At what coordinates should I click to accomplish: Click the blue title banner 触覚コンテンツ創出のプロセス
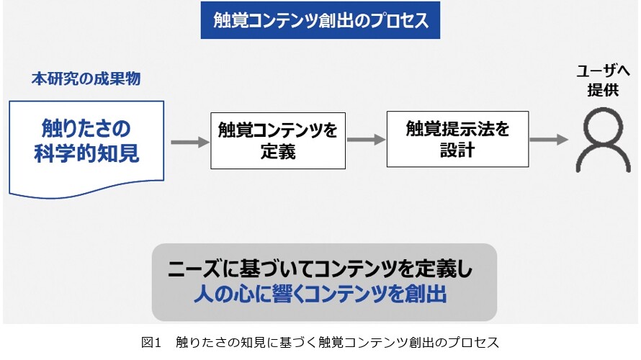tap(320, 20)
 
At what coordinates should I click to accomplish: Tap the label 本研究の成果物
tap(86, 78)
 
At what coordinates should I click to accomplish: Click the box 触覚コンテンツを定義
tap(278, 140)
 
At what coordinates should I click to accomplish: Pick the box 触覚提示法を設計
tap(457, 139)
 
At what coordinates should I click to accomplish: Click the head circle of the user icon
tap(603, 125)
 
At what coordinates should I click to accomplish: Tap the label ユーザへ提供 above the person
tap(603, 80)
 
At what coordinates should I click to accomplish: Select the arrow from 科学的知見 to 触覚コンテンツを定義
tap(190, 143)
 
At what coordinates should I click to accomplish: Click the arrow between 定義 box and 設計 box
tap(367, 140)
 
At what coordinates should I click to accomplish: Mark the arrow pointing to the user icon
tap(549, 140)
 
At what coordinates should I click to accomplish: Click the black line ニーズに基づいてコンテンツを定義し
tap(320, 269)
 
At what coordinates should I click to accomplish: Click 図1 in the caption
tap(151, 343)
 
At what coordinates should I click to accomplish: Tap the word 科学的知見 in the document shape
tap(86, 154)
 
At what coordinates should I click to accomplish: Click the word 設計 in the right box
tap(457, 150)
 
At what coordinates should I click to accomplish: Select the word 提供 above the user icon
tap(603, 90)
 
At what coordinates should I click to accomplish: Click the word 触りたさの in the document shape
tap(86, 129)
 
